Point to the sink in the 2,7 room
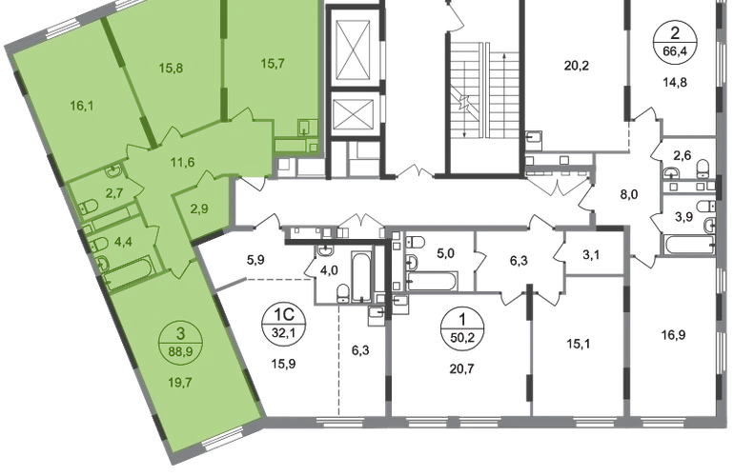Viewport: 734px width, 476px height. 112,170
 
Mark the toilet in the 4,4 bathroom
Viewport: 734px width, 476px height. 98,249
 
